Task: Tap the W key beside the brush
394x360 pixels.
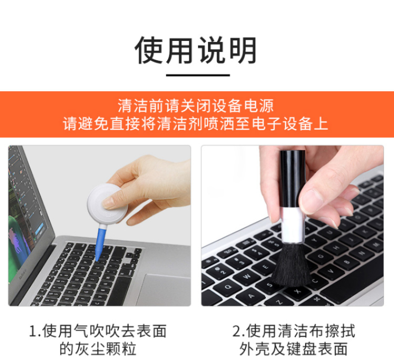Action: (247, 276)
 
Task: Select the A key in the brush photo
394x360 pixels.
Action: (251, 297)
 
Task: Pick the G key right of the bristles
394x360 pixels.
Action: (321, 256)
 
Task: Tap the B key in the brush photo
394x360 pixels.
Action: (347, 262)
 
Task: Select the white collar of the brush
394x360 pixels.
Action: (292, 225)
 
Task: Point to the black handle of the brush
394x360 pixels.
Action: (292, 179)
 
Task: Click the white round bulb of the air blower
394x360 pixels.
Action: (107, 204)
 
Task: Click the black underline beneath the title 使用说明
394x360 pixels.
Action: (198, 75)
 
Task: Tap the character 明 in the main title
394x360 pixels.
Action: (243, 50)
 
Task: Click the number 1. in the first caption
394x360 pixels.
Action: (35, 331)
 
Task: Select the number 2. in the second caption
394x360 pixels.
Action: (238, 331)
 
